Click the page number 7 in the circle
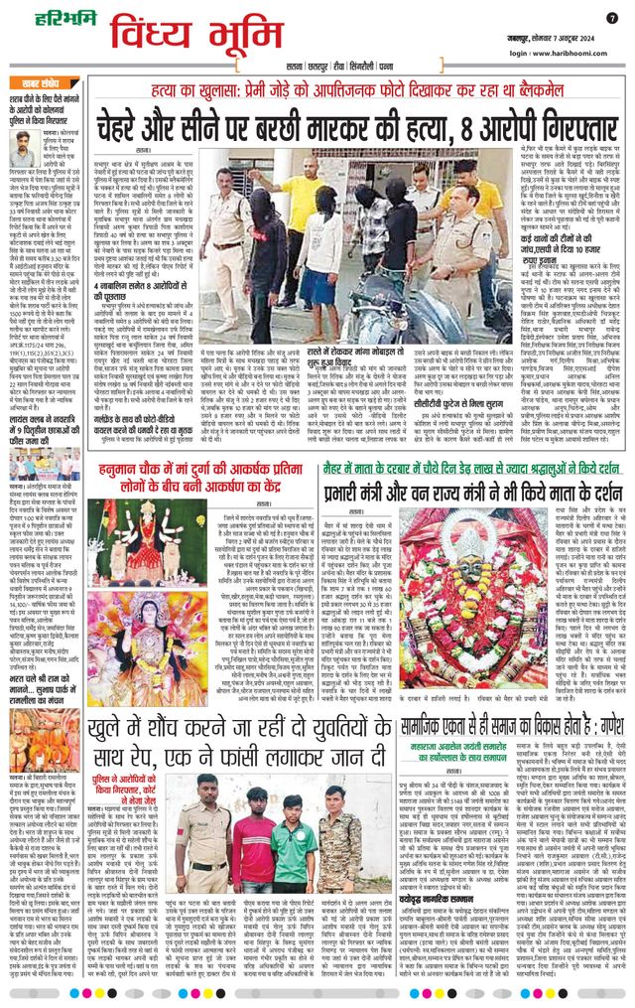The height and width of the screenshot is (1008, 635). point(611,17)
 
